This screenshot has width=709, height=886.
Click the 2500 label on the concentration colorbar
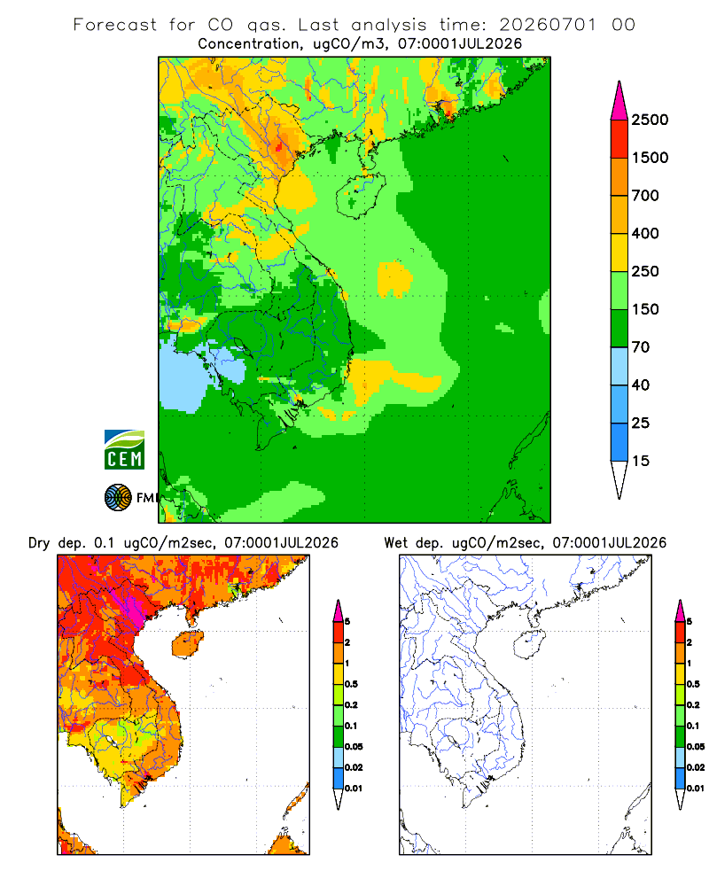click(650, 120)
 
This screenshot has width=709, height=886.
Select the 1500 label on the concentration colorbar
click(650, 158)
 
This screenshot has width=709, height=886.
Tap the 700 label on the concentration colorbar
click(645, 196)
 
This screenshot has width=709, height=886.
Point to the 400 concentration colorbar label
click(645, 233)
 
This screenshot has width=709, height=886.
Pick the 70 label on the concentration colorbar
click(641, 347)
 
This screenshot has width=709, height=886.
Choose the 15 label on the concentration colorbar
click(641, 461)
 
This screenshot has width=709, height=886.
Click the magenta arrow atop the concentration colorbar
click(619, 100)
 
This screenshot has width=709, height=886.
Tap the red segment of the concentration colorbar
click(619, 138)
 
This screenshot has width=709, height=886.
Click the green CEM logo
click(124, 450)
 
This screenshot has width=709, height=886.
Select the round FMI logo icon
click(118, 498)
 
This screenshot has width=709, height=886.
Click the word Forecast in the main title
click(115, 25)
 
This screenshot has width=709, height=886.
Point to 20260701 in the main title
click(548, 25)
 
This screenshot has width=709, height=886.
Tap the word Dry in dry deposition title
click(40, 543)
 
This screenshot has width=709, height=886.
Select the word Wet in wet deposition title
click(395, 543)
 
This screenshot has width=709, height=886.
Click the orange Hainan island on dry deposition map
click(187, 644)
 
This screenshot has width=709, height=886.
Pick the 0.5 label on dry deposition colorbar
click(351, 684)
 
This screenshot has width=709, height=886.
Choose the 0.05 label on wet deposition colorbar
click(696, 746)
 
